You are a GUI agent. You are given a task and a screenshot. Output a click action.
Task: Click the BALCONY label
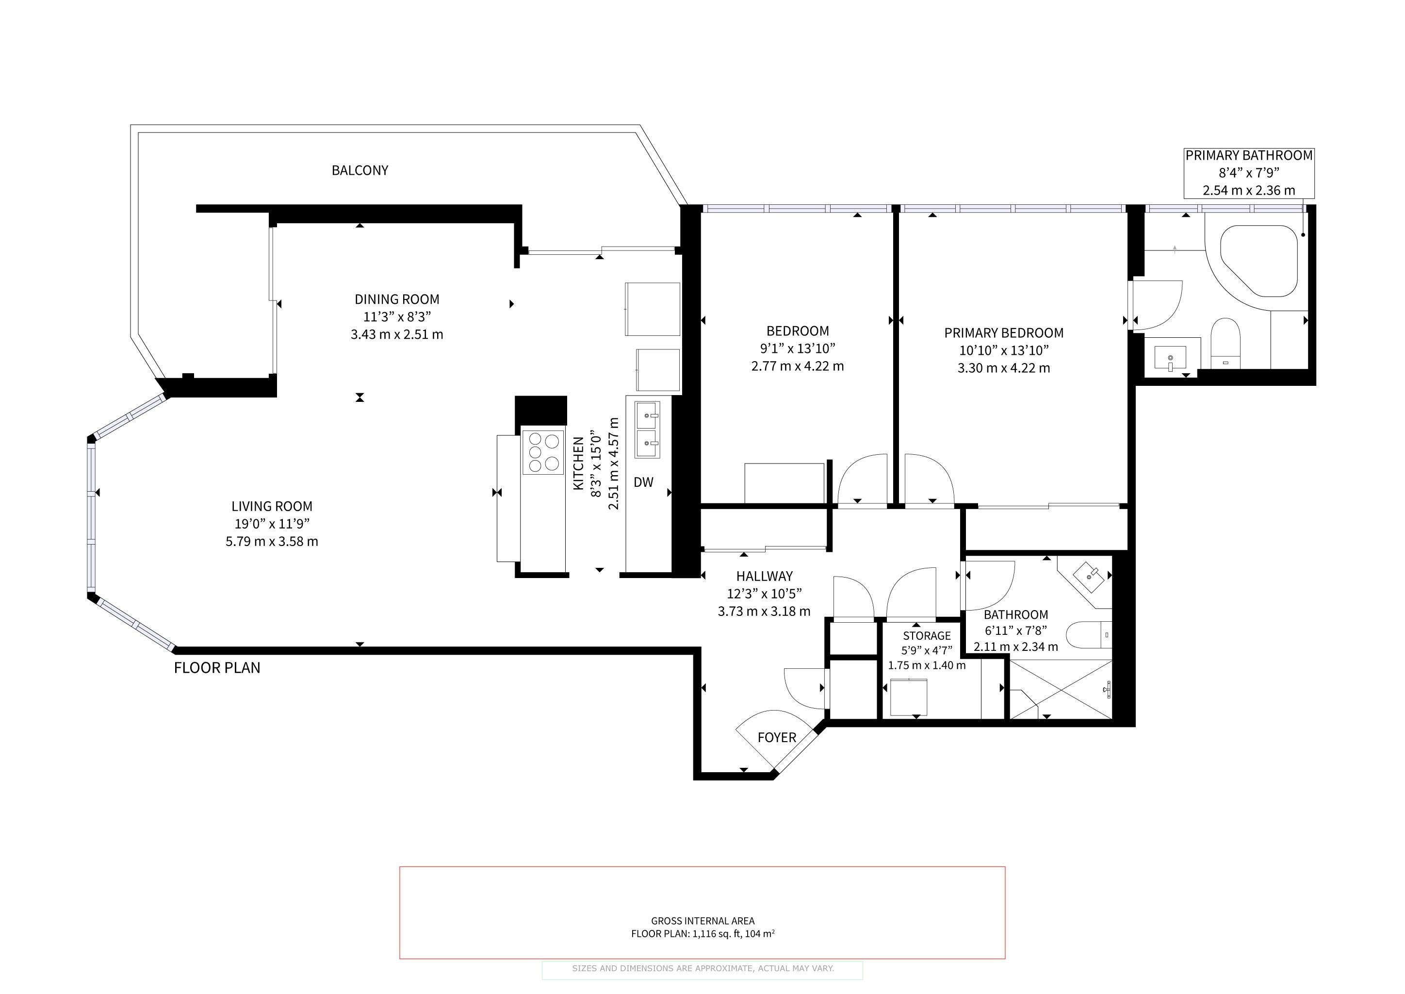coord(360,170)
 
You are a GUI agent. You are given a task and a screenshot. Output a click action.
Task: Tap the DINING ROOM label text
coord(397,299)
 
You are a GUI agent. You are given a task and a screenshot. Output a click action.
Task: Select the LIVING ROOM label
coord(272,506)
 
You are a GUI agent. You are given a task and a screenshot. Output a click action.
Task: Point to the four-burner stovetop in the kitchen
coord(543,452)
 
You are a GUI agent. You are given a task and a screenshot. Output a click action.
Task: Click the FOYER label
coord(777,738)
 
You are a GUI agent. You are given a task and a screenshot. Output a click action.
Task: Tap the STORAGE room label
coord(927,636)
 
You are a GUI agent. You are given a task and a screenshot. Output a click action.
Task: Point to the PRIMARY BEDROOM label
coord(1004,333)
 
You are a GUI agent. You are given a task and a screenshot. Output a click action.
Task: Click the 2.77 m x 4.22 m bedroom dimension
coord(798,366)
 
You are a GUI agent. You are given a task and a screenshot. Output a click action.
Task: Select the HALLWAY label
coord(764,576)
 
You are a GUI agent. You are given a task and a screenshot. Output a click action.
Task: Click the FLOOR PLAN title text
coord(217,668)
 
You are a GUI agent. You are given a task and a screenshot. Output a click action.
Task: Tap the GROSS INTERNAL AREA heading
coord(702,921)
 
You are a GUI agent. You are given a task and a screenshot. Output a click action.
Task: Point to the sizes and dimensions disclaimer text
coord(702,968)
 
